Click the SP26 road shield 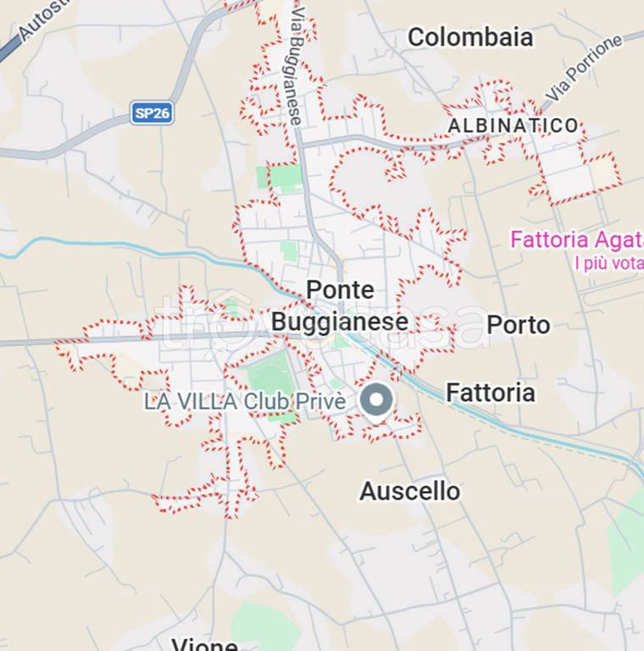[153, 114]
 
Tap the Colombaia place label [470, 37]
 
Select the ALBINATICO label [513, 126]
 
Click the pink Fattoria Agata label [576, 240]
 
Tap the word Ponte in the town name [339, 290]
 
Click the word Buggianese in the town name [339, 322]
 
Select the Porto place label [518, 325]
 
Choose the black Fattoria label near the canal [490, 393]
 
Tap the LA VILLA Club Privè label [245, 402]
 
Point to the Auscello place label [409, 491]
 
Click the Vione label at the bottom [204, 644]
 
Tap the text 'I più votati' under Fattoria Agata [608, 264]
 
